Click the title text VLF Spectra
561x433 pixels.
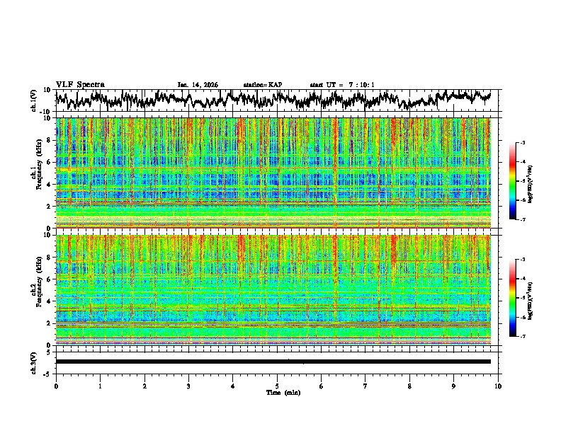[x=80, y=84]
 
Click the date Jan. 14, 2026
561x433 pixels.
[x=198, y=85]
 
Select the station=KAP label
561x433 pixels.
[x=263, y=85]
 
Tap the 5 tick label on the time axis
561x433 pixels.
[x=277, y=386]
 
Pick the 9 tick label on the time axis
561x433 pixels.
[x=454, y=386]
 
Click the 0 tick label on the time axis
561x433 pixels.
[x=56, y=386]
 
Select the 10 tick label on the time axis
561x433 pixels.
[x=498, y=386]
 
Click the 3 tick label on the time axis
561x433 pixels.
[x=188, y=386]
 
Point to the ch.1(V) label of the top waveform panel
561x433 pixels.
[x=34, y=100]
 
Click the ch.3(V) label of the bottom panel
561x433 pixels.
[x=34, y=362]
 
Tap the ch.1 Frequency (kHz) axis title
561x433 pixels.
[x=35, y=173]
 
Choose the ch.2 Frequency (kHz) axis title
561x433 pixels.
[x=35, y=289]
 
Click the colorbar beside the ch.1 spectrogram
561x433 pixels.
[x=512, y=182]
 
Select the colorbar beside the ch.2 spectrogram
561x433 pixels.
[x=512, y=299]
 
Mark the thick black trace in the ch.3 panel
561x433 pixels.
[x=273, y=362]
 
